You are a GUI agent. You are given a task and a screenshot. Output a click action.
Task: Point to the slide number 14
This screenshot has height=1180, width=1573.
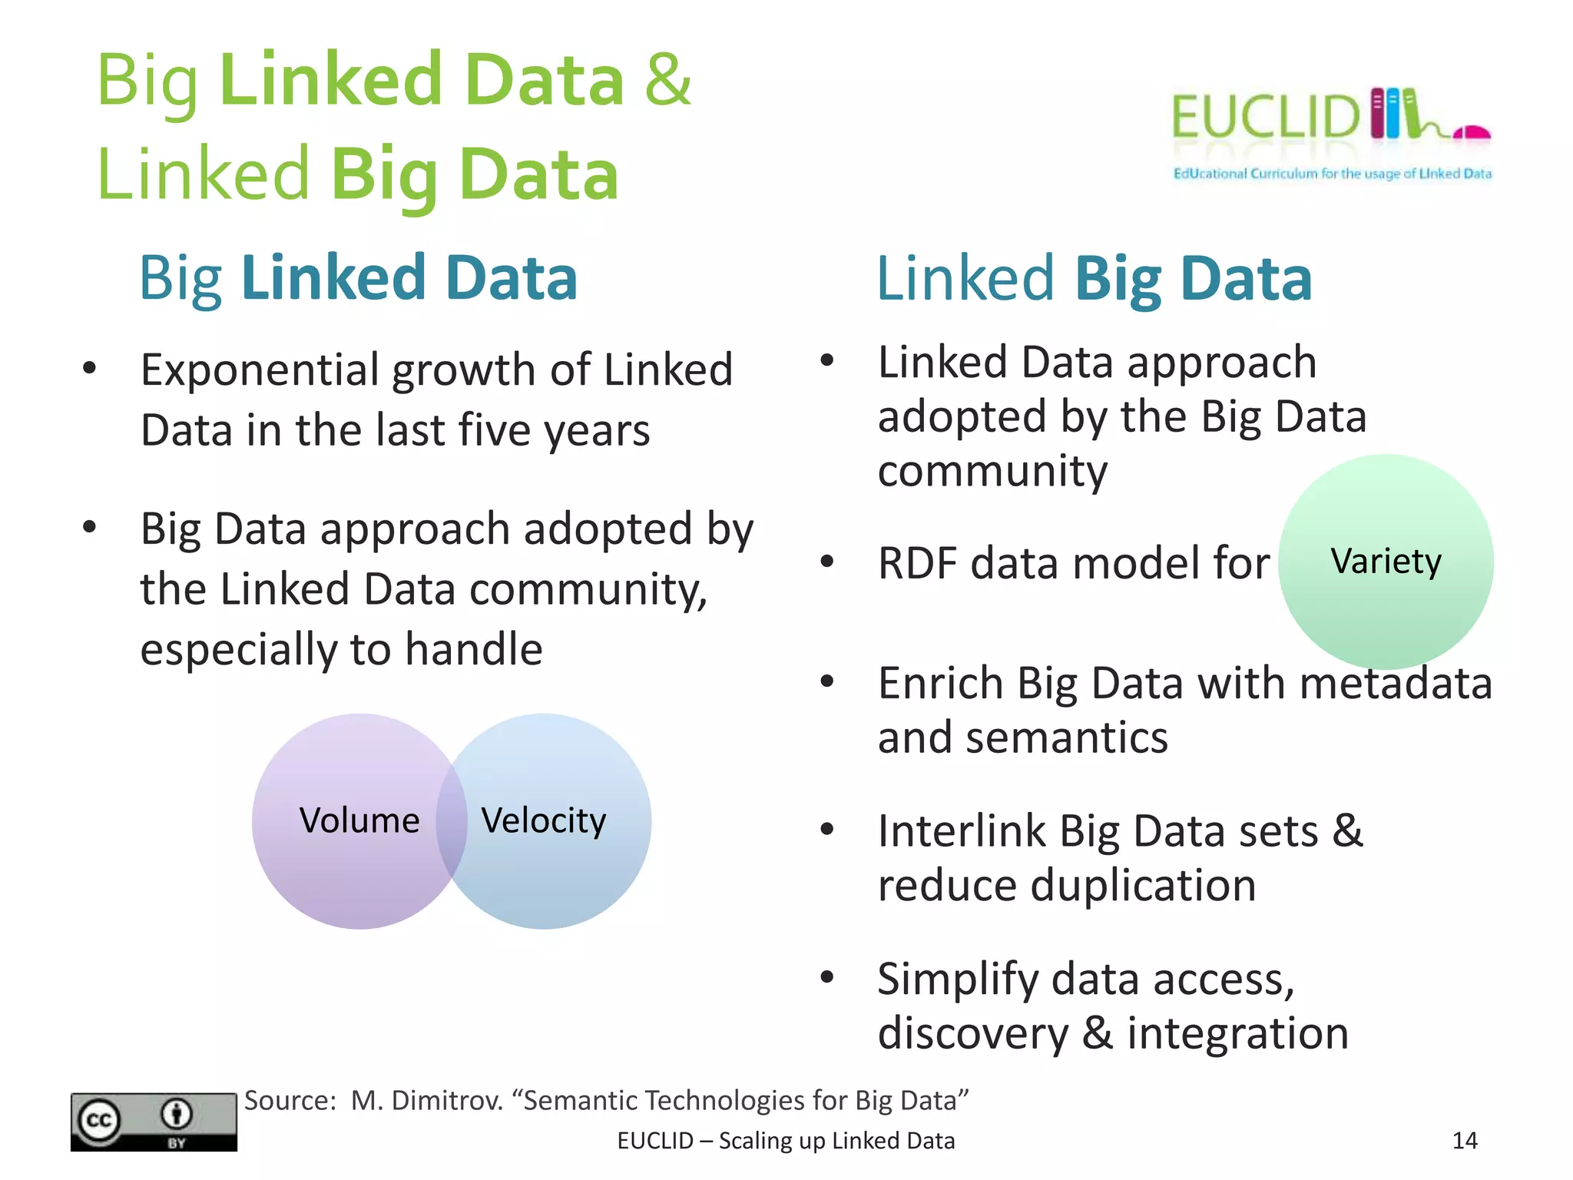(1465, 1141)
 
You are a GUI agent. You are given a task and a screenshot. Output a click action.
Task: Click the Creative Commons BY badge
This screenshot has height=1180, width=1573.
(154, 1122)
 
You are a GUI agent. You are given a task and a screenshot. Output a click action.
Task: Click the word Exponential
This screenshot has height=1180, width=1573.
(261, 371)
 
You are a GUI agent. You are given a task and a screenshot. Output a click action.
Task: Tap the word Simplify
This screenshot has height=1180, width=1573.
(958, 980)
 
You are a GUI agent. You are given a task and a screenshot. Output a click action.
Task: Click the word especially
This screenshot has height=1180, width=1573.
(239, 650)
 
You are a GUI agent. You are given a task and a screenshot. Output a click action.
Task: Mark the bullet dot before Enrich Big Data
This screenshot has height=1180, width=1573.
(827, 681)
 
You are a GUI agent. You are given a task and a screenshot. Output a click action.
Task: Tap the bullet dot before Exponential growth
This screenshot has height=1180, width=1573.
(90, 368)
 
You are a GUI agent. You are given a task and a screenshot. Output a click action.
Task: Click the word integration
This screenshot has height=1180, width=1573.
(1237, 1033)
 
